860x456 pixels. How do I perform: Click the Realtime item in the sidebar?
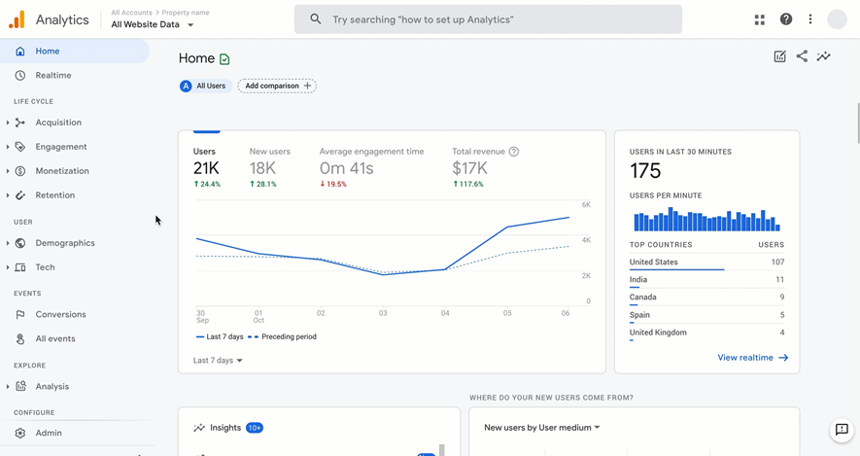coord(52,75)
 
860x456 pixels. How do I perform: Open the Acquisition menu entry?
coord(58,123)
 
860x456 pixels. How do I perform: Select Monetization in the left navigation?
coord(62,171)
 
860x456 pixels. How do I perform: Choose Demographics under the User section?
coord(65,243)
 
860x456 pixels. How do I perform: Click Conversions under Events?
coord(60,315)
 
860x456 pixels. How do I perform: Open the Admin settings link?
coord(49,434)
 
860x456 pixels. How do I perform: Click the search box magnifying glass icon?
coord(316,19)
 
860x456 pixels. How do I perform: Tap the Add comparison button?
coord(277,86)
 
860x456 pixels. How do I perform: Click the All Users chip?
coord(203,86)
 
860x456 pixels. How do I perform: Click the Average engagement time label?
coord(371,152)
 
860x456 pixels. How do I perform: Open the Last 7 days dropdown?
coord(218,361)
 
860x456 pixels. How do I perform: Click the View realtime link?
coord(752,358)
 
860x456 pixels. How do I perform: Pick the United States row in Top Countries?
coord(653,263)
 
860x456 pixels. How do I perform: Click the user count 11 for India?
coord(778,280)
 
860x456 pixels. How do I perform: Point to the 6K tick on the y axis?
coord(586,205)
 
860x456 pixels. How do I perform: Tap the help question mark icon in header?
coord(786,19)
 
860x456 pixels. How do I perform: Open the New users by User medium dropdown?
coord(542,428)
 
